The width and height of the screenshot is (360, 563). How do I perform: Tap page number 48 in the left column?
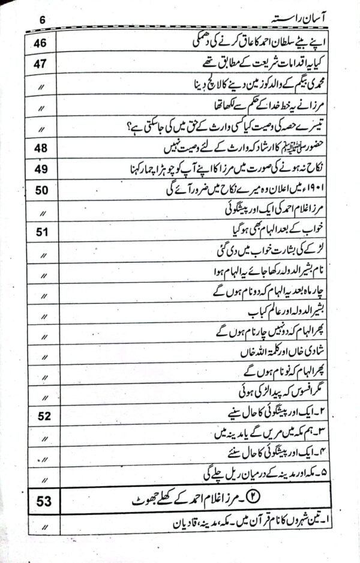41,148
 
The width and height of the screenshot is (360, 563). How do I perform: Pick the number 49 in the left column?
41,170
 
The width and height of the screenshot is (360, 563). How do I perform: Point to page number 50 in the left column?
41,191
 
